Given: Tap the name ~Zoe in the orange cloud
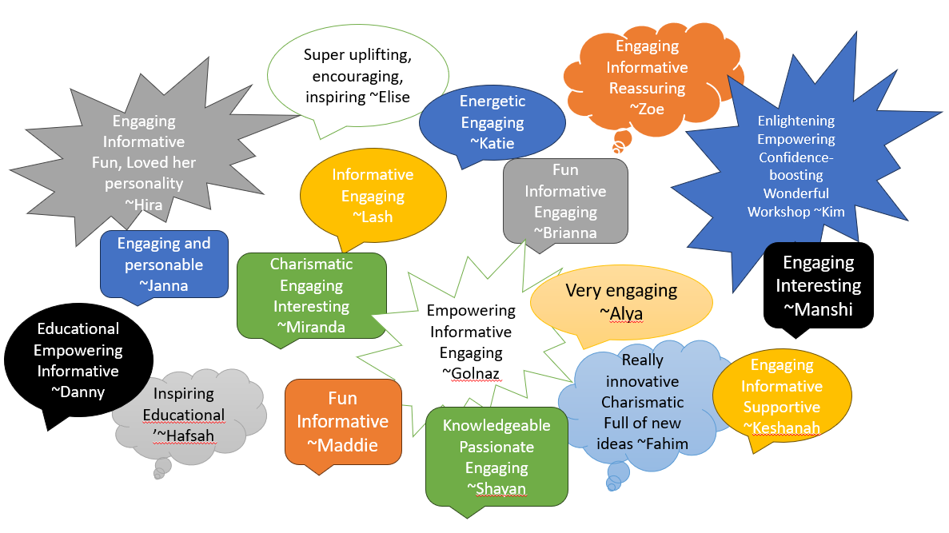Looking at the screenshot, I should pos(647,109).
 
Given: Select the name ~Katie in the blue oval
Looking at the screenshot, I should pos(492,144).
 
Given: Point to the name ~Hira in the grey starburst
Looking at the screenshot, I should pos(144,205).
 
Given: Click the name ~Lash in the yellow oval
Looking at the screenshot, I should pos(373,217).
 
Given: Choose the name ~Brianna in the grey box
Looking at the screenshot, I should pos(565,233).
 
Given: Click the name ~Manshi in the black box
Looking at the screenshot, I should pos(819,309).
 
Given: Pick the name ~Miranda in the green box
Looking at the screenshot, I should pos(311,327).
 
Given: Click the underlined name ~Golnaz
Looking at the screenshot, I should pos(471,373).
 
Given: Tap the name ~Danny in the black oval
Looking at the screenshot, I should pos(78,392).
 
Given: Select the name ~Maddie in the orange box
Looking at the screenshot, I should pos(342,444).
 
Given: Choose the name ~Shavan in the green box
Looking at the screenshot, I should pos(496,488).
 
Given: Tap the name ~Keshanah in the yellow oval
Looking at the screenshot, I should pos(781,428).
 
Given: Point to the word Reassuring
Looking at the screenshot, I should pos(647,88).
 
